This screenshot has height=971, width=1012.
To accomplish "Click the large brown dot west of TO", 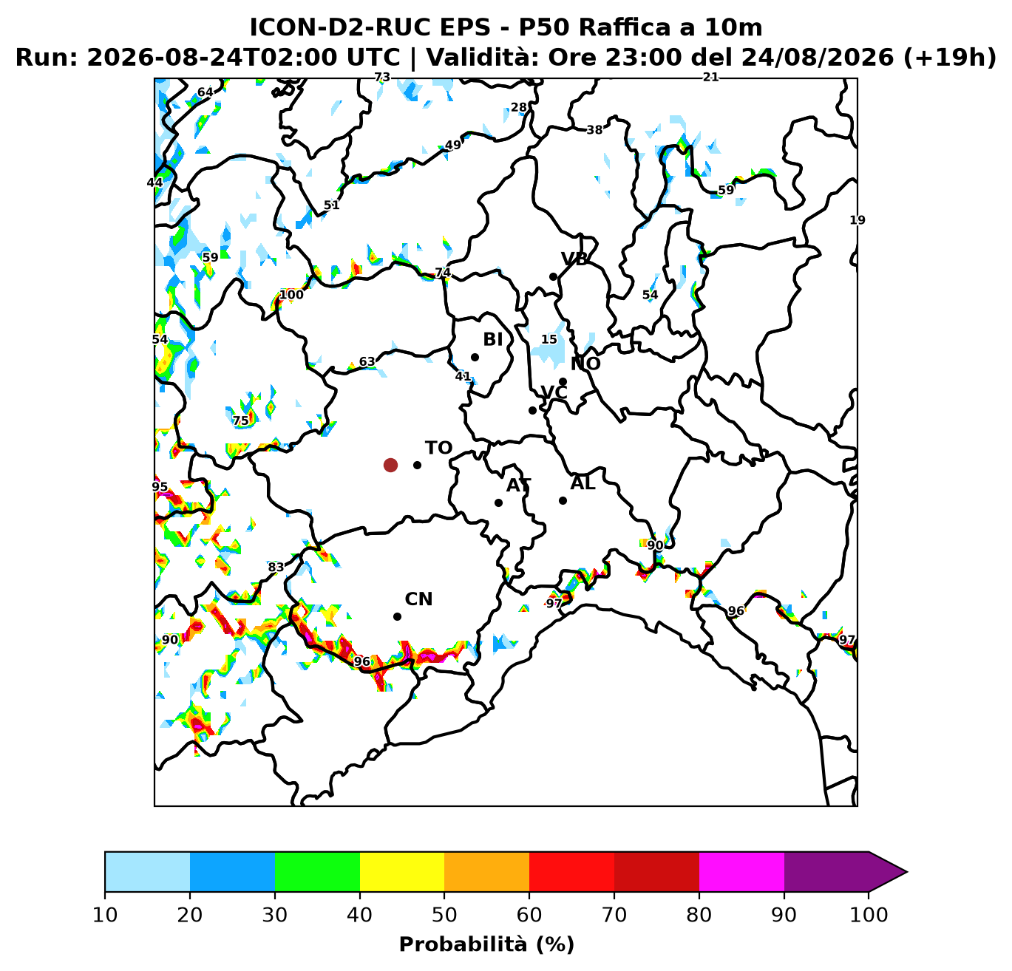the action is coord(390,466).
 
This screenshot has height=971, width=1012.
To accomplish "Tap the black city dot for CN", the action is coord(397,616).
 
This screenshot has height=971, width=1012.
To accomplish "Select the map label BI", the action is coord(493,339).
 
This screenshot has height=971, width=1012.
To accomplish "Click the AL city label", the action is coord(583,483).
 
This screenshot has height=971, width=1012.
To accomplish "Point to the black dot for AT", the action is coord(498,502).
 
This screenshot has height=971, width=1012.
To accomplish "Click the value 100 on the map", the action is coord(291,295).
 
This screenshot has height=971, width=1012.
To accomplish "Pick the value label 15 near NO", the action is coord(549,339).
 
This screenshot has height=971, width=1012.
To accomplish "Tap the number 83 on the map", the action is coord(276,567).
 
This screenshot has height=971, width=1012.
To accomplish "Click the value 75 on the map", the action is coord(241,420).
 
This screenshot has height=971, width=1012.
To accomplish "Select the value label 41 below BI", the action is coord(463,376).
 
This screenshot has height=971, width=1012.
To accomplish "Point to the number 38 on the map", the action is coord(594,130).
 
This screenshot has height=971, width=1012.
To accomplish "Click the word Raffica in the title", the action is coord(624,27).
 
